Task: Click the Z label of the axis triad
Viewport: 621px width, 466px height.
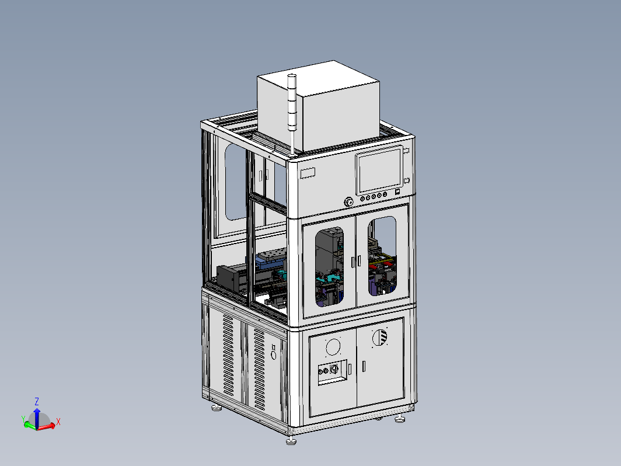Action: tap(37, 401)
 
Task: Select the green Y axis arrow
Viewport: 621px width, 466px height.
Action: tap(30, 426)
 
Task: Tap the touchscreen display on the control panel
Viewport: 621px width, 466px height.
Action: tap(379, 171)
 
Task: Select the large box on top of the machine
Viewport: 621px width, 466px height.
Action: tap(318, 106)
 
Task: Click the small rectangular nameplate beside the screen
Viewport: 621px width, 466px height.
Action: tap(308, 173)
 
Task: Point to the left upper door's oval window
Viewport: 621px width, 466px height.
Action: tap(330, 266)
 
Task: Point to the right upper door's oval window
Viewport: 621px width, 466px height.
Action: tap(382, 256)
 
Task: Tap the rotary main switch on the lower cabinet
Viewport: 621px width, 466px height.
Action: tap(333, 369)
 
